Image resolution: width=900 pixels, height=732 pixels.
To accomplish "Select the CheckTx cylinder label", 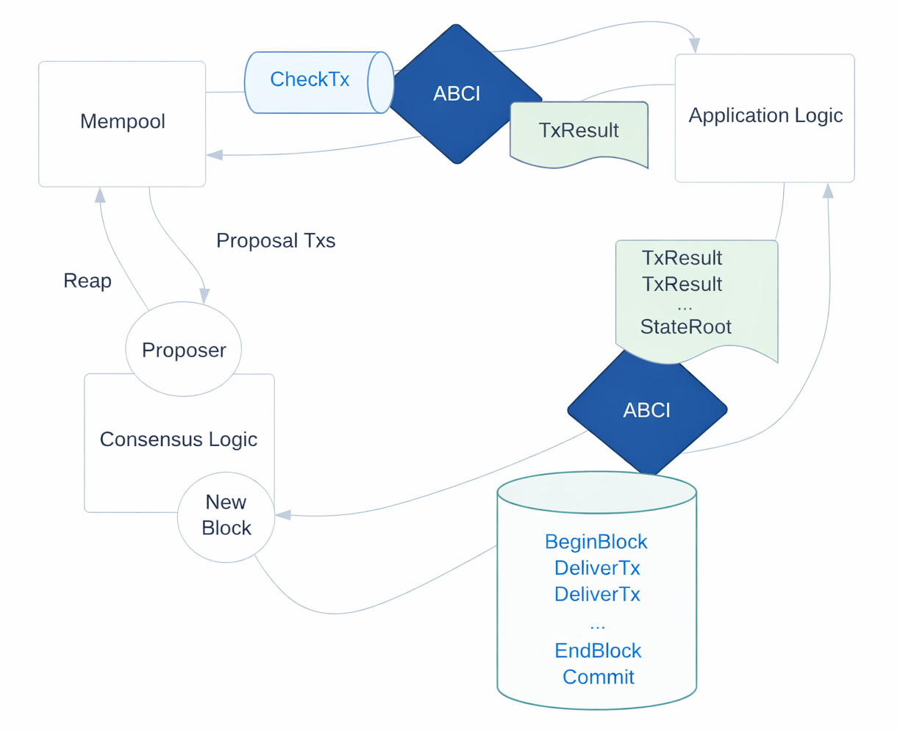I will (x=310, y=79).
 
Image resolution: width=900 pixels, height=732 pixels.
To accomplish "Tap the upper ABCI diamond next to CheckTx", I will (x=456, y=93).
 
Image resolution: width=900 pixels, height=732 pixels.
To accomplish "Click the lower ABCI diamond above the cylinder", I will (x=646, y=410).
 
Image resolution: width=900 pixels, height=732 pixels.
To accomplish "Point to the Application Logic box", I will (x=765, y=116).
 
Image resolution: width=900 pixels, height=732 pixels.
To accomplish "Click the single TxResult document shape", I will (x=579, y=132).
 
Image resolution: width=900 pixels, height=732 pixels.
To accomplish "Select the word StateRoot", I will (x=685, y=327).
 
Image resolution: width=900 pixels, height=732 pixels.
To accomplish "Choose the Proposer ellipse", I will (x=183, y=350).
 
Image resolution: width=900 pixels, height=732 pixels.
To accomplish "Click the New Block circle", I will (x=226, y=516).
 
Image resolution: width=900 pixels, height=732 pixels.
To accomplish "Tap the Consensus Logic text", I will (x=178, y=439).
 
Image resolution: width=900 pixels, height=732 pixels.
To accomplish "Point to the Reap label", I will (x=87, y=281).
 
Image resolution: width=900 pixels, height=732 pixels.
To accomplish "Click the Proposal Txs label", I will (x=276, y=240).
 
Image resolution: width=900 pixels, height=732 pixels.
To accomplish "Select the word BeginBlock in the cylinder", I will (x=596, y=542).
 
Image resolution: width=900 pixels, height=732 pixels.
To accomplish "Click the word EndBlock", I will (x=597, y=650).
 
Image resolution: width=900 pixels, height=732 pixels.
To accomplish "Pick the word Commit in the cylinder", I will (x=598, y=677).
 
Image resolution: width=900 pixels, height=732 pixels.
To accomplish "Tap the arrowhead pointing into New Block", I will (x=283, y=515).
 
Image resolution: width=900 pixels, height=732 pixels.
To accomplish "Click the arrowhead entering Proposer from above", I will (x=204, y=295).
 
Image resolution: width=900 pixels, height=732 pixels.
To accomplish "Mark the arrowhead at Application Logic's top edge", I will (x=694, y=46).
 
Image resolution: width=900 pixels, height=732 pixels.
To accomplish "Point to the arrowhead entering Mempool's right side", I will (x=215, y=155).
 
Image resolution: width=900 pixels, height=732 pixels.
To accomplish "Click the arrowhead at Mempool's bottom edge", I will (x=100, y=195).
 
